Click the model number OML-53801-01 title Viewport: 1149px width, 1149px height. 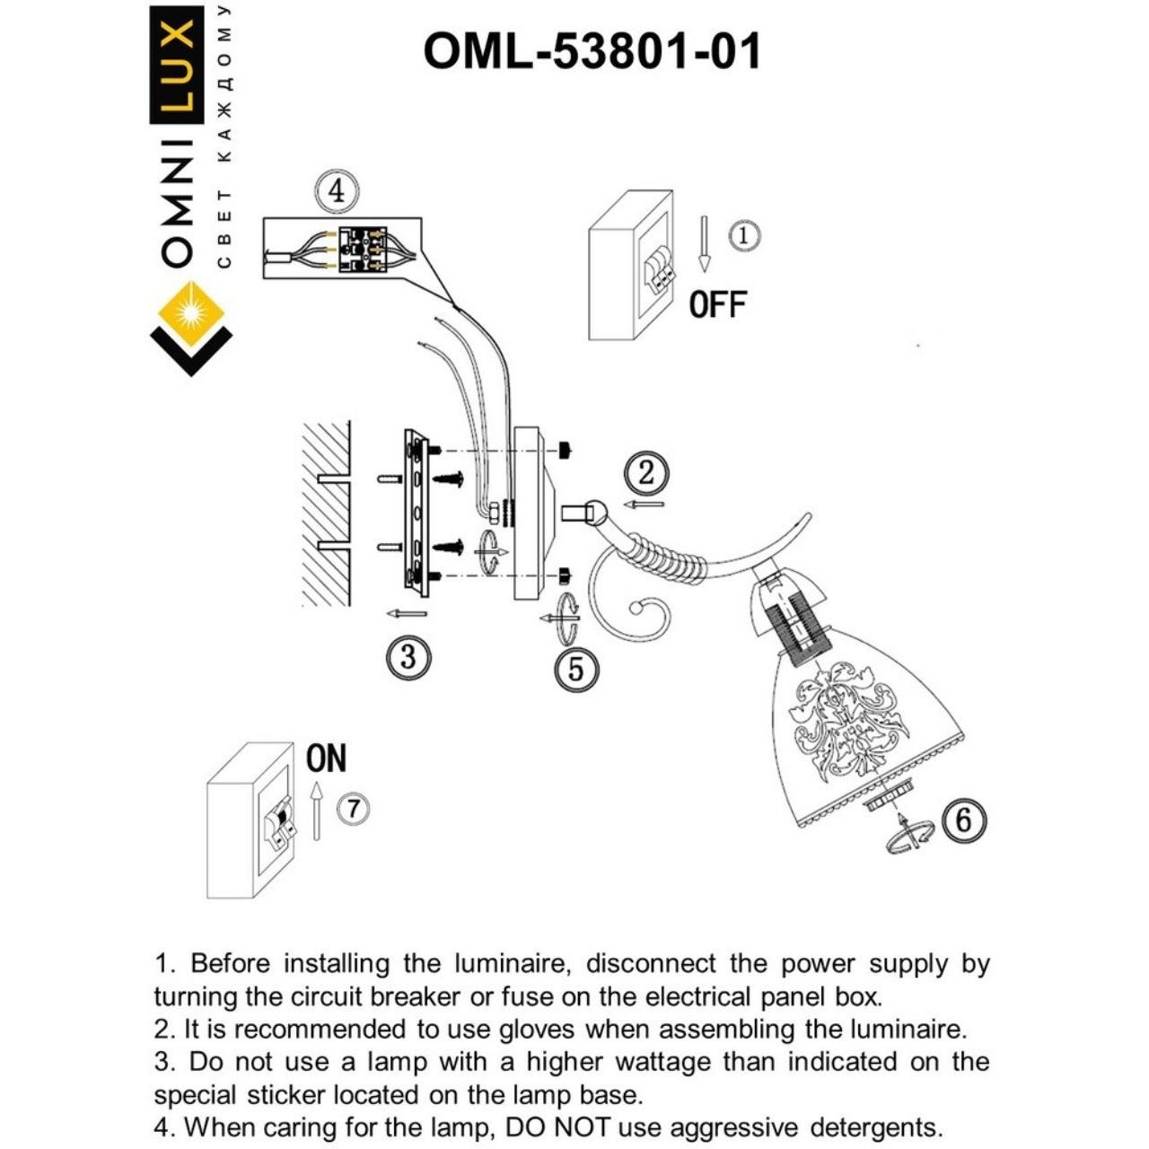click(592, 51)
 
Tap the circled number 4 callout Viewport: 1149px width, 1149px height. click(336, 191)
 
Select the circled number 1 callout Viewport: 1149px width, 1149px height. click(743, 236)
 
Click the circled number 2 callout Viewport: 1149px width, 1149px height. click(647, 473)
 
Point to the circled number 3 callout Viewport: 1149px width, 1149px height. click(408, 657)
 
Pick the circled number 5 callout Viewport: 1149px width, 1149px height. click(575, 670)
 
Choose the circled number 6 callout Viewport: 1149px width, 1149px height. click(963, 820)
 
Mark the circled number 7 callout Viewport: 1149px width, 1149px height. click(353, 809)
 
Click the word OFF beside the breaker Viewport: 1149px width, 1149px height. click(717, 305)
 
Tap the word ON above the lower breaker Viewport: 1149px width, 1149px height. click(326, 759)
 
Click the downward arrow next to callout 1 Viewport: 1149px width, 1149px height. click(705, 243)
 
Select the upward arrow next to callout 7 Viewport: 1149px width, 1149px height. click(316, 810)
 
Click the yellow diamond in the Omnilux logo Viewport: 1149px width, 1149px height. click(191, 313)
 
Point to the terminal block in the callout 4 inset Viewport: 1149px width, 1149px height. click(368, 248)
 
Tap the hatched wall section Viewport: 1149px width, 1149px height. click(325, 512)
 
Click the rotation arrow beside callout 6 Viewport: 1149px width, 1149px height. click(908, 834)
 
